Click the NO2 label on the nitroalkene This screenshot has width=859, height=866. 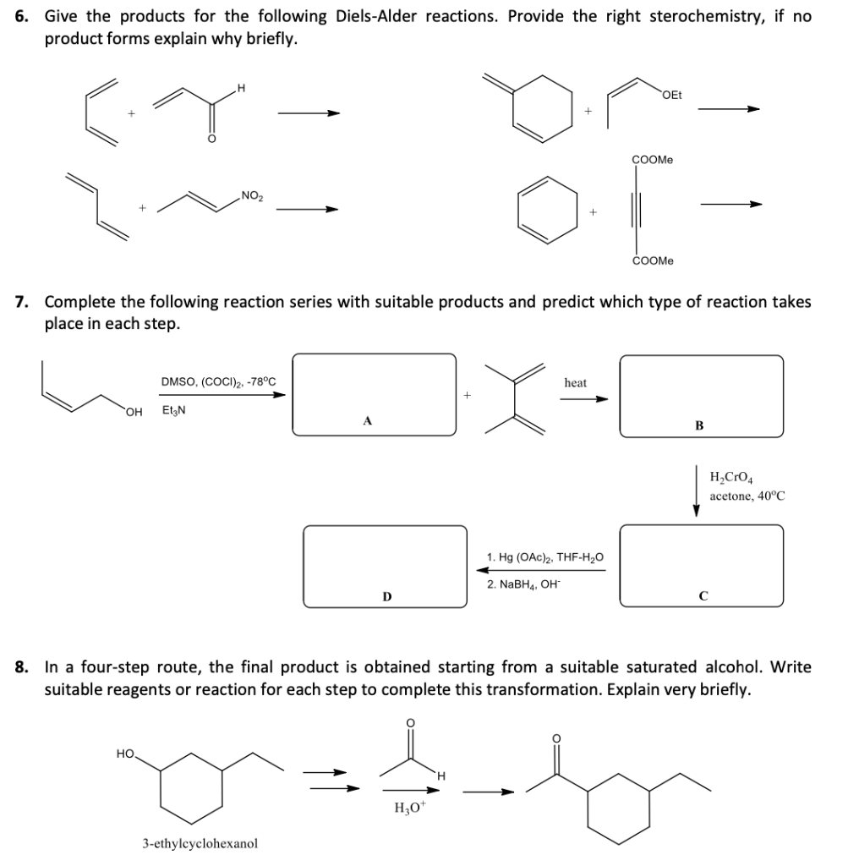pyautogui.click(x=252, y=196)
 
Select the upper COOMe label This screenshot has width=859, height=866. pyautogui.click(x=653, y=159)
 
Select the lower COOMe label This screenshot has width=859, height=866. pyautogui.click(x=653, y=261)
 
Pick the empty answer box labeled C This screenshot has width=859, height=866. pyautogui.click(x=701, y=565)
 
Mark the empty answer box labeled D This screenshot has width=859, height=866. pyautogui.click(x=386, y=566)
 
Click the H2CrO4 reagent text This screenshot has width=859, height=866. pyautogui.click(x=734, y=478)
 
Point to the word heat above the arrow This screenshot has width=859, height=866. pyautogui.click(x=576, y=383)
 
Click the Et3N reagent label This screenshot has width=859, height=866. pyautogui.click(x=175, y=411)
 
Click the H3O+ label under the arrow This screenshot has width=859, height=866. pyautogui.click(x=409, y=806)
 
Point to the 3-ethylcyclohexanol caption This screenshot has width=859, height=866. pyautogui.click(x=200, y=843)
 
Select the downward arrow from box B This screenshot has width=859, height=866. pyautogui.click(x=697, y=490)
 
